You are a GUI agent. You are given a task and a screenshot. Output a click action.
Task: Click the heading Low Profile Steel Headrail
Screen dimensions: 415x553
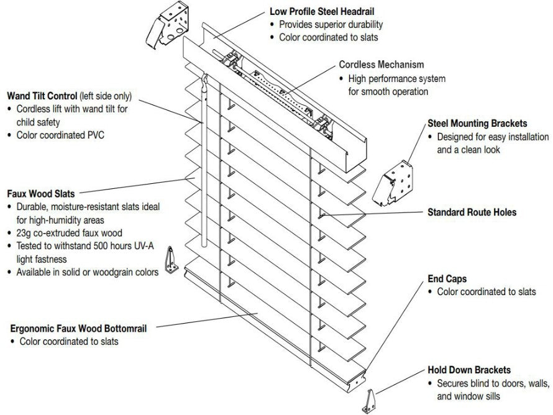(x=322, y=12)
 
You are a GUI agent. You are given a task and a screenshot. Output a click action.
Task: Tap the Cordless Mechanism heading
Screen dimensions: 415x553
(x=382, y=65)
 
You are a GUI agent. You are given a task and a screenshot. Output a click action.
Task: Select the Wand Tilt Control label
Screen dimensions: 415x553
(x=42, y=96)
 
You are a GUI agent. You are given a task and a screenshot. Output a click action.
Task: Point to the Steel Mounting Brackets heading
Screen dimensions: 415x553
(x=477, y=124)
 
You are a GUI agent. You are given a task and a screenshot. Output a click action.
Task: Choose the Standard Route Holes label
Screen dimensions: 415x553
(x=472, y=212)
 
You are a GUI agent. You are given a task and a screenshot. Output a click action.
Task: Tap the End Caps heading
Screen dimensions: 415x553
(x=447, y=279)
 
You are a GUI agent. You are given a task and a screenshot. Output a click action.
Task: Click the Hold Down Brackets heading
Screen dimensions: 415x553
(x=469, y=370)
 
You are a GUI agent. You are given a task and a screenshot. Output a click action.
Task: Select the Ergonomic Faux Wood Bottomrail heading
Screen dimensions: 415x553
(x=79, y=328)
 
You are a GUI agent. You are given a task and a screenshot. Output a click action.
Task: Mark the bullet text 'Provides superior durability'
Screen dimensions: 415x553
(x=331, y=25)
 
